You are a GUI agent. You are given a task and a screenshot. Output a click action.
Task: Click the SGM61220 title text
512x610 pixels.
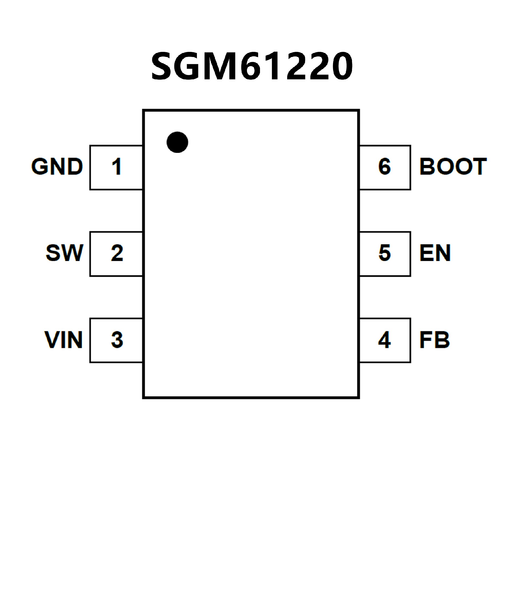(x=252, y=66)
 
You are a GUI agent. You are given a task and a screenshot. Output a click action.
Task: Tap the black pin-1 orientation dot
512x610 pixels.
(x=177, y=142)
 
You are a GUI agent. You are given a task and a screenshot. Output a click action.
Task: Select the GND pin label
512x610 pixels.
(x=57, y=166)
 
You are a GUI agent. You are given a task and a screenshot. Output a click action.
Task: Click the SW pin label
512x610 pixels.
(x=65, y=253)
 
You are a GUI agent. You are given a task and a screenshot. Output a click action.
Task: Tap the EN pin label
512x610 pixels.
(x=435, y=253)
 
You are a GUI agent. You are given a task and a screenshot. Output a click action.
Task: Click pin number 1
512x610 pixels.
(x=117, y=167)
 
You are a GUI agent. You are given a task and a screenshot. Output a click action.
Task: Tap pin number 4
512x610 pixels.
(x=384, y=339)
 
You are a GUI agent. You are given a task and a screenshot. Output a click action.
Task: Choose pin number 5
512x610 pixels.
(x=385, y=253)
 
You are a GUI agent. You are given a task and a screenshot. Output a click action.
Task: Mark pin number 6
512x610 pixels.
(x=384, y=167)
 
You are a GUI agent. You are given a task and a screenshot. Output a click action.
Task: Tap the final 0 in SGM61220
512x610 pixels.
(x=342, y=66)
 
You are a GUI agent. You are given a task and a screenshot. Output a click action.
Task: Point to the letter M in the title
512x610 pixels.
(x=220, y=66)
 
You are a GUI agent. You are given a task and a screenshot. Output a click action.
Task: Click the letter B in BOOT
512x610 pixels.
(x=427, y=166)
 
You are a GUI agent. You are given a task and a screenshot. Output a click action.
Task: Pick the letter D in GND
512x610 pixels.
(x=75, y=166)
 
